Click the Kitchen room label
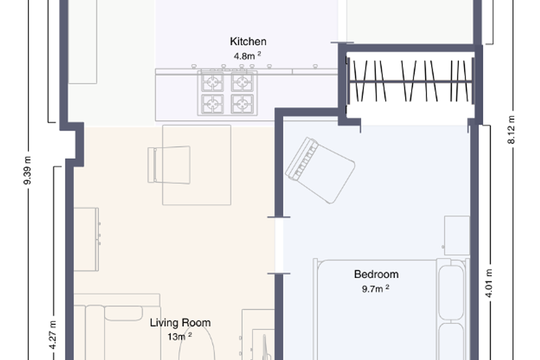click(x=248, y=42)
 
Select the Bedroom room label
click(x=376, y=274)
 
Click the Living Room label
click(x=180, y=323)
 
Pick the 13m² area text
click(x=180, y=336)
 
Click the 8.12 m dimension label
click(x=511, y=130)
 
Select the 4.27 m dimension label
click(x=53, y=335)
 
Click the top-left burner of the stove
click(x=212, y=82)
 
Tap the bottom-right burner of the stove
click(x=242, y=104)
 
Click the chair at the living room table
click(x=169, y=165)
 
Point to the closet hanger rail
click(x=409, y=81)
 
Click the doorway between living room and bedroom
click(x=279, y=246)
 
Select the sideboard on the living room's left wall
click(x=86, y=239)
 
